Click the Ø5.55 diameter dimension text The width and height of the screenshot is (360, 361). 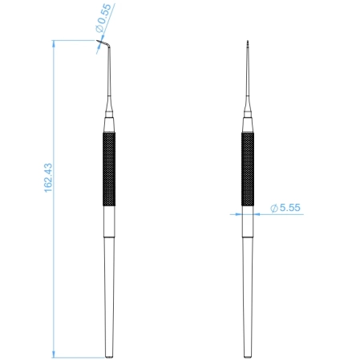285,207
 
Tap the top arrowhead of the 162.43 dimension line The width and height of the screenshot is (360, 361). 54,42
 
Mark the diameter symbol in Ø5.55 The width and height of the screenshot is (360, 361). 274,207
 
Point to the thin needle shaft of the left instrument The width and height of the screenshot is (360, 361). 108,80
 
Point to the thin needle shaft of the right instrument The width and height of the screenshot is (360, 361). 248,80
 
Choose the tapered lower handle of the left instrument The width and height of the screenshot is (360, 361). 109,281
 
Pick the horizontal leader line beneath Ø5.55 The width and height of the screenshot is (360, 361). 281,214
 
